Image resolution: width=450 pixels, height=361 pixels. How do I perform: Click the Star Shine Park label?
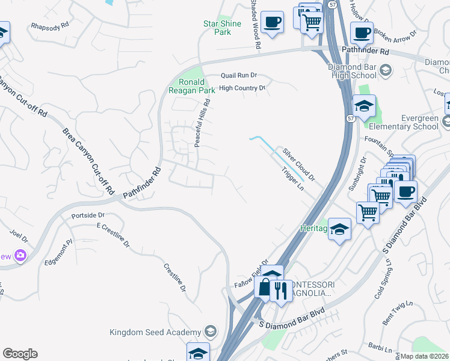[222, 28]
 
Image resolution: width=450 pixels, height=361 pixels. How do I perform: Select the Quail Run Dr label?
[239, 75]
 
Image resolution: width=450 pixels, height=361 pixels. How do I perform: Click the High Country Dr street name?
[242, 88]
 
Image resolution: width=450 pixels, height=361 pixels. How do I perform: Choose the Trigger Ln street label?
[293, 178]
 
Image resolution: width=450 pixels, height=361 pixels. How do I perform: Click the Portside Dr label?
[88, 215]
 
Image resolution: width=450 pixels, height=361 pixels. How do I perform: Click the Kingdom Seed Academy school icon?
[210, 332]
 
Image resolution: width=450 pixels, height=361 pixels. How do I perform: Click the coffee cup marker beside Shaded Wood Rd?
[272, 22]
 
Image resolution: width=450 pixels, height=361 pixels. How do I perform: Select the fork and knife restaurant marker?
[280, 291]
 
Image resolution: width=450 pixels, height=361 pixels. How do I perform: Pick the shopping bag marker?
[265, 288]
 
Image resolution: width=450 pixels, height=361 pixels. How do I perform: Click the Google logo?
[20, 354]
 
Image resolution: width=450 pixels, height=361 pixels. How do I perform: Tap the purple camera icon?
[21, 256]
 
